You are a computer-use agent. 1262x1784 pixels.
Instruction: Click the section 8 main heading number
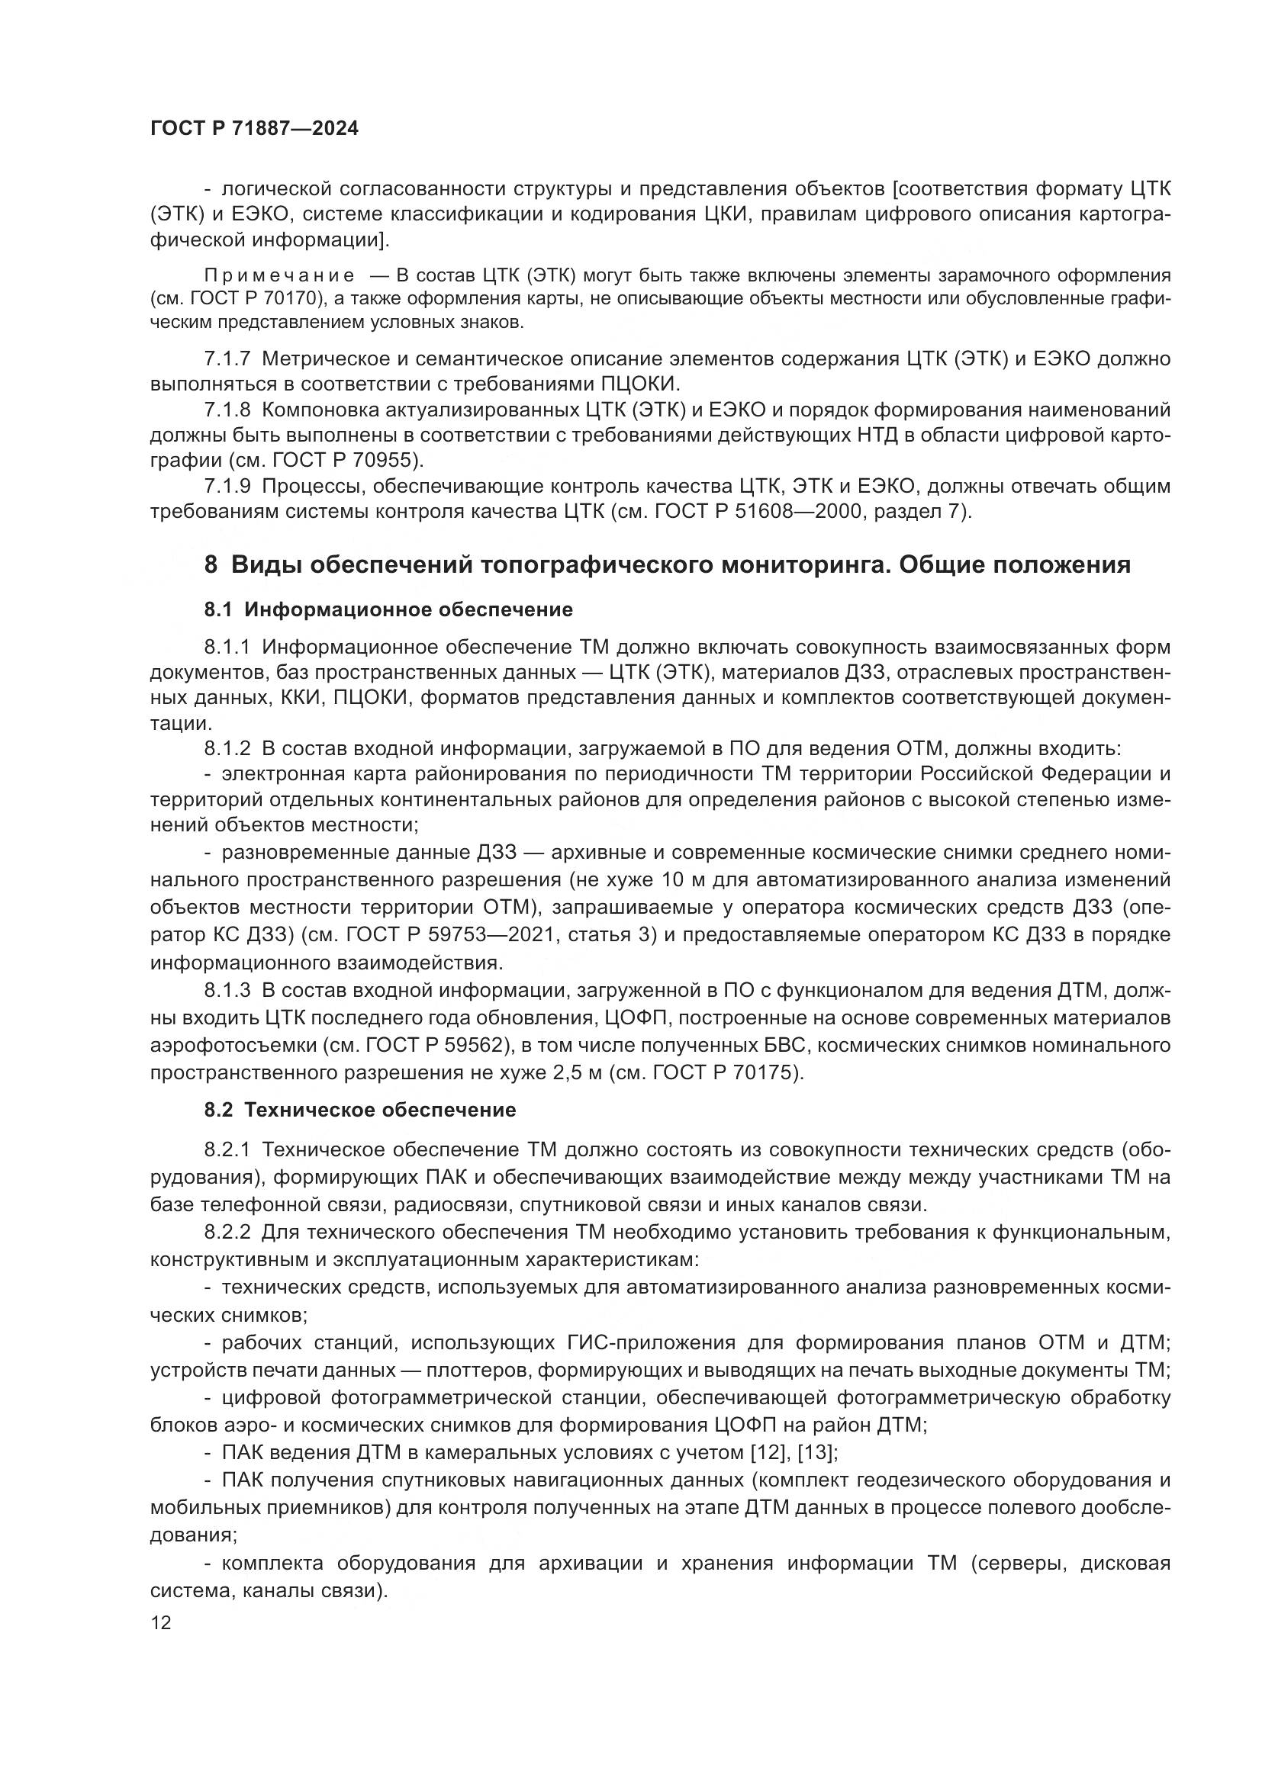(211, 565)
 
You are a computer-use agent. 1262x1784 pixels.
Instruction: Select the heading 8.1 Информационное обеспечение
(388, 610)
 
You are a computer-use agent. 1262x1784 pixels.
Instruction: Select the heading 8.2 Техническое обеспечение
(360, 1111)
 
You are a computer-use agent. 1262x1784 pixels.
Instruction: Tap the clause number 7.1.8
(227, 410)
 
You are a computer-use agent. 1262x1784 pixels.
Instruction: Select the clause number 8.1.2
(227, 749)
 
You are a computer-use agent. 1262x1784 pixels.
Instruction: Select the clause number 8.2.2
(227, 1233)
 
